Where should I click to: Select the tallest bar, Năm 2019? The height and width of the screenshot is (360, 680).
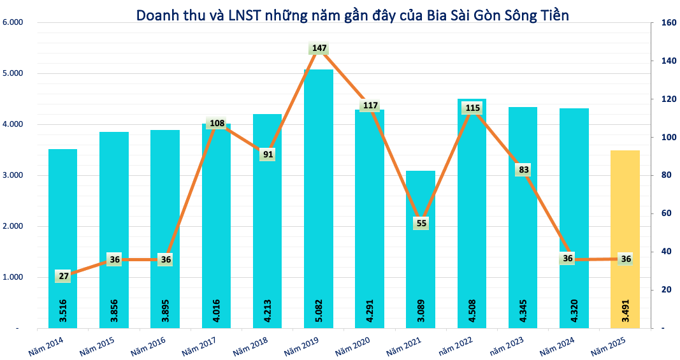pyautogui.click(x=318, y=191)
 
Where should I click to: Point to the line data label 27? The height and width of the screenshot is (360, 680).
pyautogui.click(x=62, y=276)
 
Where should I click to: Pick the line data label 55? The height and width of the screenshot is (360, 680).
pyautogui.click(x=421, y=223)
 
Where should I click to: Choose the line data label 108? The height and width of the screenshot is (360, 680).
pyautogui.click(x=216, y=123)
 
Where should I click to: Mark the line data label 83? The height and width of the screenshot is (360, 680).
pyautogui.click(x=523, y=169)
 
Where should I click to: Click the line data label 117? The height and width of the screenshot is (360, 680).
pyautogui.click(x=369, y=105)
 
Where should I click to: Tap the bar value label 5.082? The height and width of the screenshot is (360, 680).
pyautogui.click(x=318, y=309)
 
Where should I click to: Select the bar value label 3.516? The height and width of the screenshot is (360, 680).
pyautogui.click(x=62, y=309)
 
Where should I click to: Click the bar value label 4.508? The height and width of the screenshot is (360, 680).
pyautogui.click(x=472, y=309)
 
